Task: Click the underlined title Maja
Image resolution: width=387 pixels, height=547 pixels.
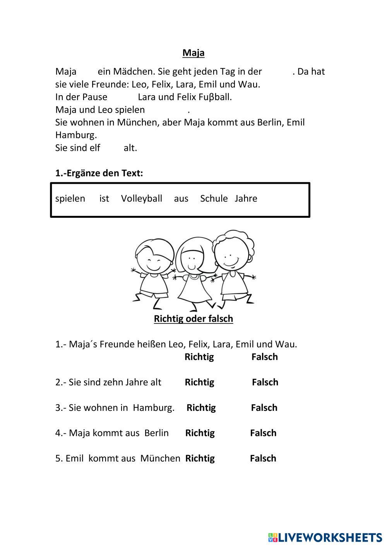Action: click(193, 53)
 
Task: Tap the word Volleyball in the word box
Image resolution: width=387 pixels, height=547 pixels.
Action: click(141, 198)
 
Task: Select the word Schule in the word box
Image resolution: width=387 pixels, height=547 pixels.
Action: click(214, 198)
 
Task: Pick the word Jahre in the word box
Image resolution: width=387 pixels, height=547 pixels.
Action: click(246, 198)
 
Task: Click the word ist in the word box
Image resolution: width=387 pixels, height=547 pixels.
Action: click(104, 198)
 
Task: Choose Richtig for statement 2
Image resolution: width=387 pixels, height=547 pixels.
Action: click(199, 382)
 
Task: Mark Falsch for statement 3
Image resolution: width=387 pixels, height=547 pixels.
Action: click(264, 408)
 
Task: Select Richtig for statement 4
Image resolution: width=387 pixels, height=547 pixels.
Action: click(200, 433)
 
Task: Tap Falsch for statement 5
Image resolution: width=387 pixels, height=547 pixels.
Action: click(263, 458)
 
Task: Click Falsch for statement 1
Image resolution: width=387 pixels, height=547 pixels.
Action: click(264, 357)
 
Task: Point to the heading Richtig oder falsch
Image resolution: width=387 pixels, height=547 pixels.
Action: click(193, 319)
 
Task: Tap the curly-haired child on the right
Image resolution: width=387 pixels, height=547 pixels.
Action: click(233, 267)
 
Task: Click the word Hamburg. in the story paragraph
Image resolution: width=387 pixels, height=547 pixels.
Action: click(76, 135)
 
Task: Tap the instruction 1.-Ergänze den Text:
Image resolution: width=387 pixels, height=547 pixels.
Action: click(99, 173)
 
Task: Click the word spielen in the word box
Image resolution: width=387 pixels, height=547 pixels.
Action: click(70, 198)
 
